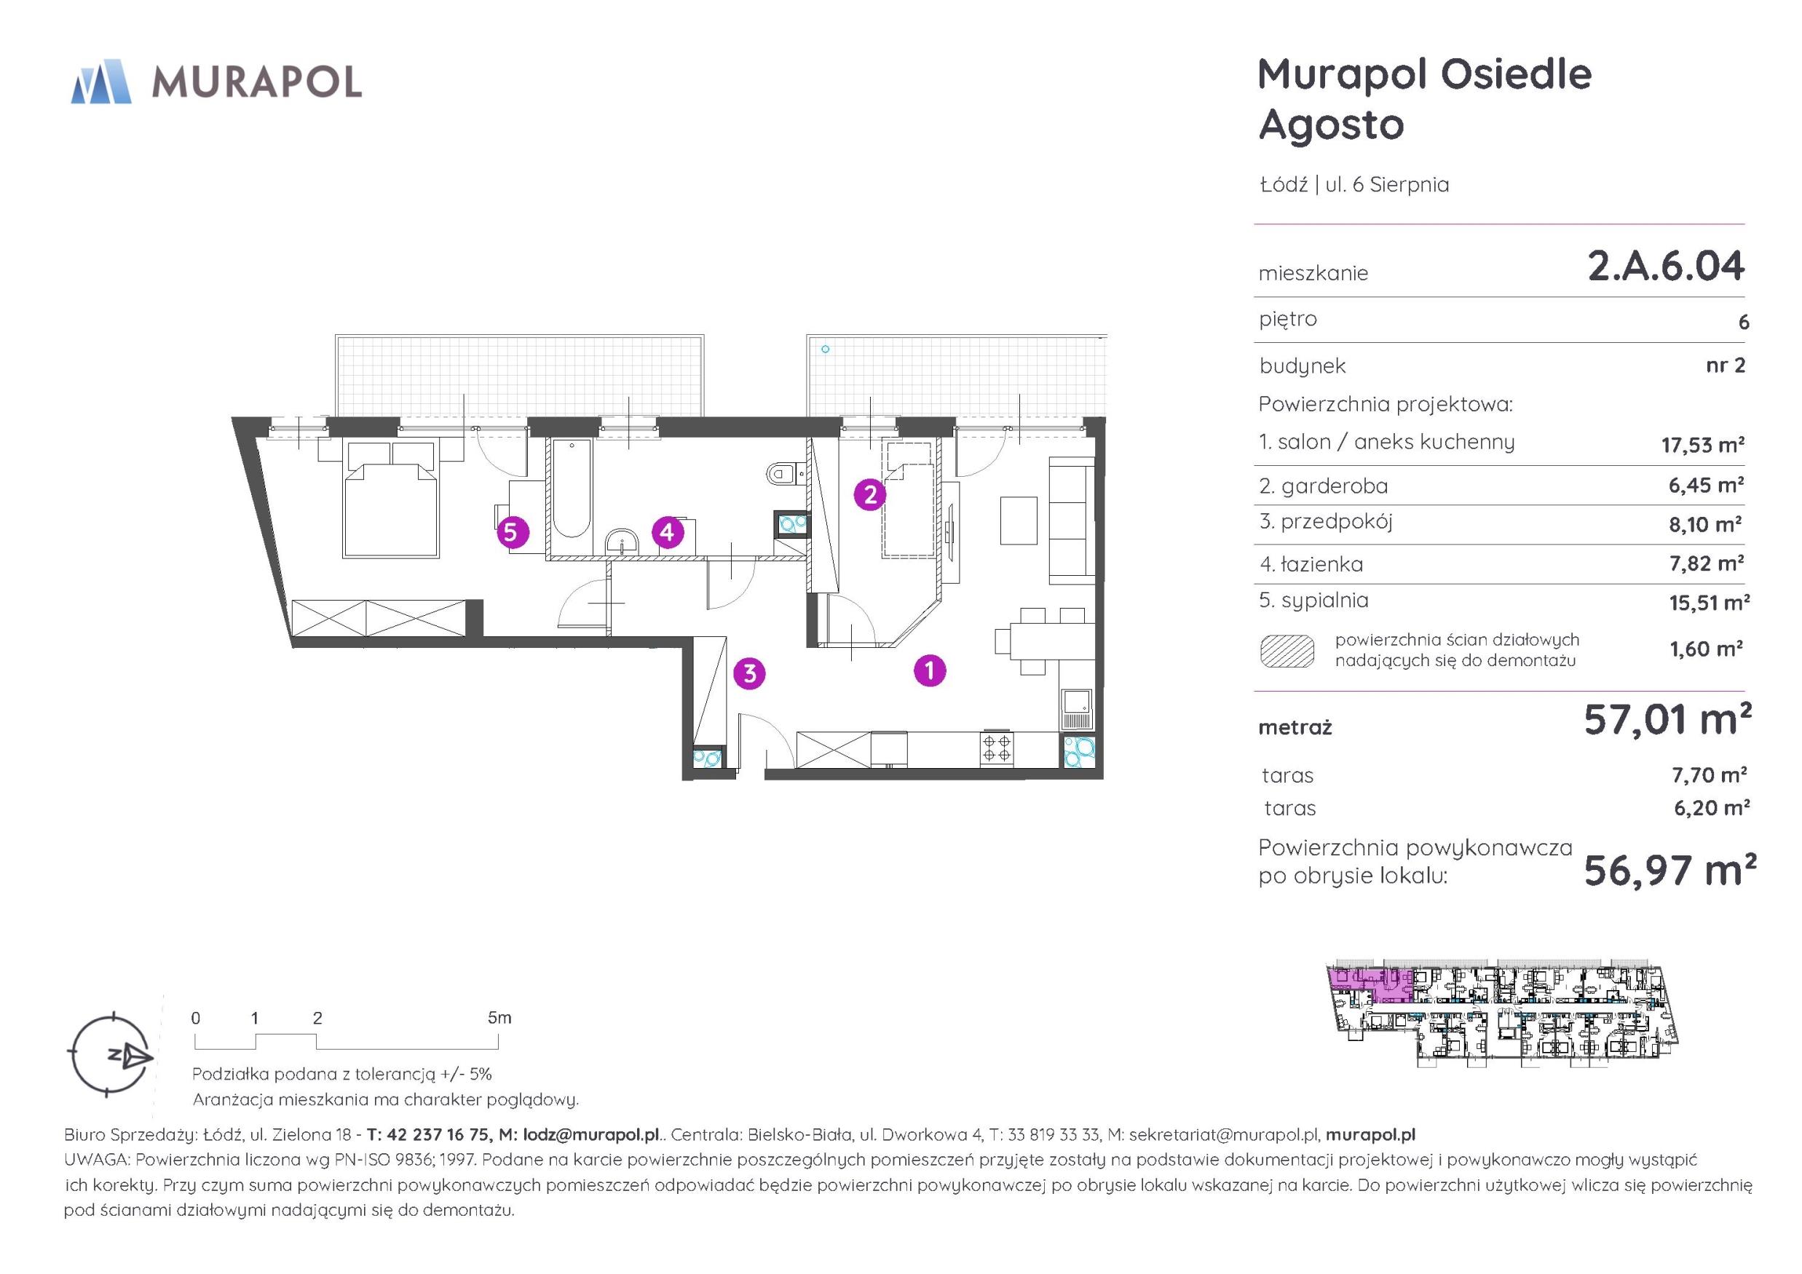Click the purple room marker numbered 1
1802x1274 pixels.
930,670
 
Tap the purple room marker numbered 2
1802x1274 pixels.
869,494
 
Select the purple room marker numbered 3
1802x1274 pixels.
749,673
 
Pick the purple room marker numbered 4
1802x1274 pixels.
667,533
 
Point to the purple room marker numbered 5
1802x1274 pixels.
511,533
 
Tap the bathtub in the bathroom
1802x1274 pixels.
571,490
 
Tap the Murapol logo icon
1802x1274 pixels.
101,81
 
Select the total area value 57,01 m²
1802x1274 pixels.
1667,719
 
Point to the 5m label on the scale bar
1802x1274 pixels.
499,1018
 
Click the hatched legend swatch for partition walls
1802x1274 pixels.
1287,651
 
